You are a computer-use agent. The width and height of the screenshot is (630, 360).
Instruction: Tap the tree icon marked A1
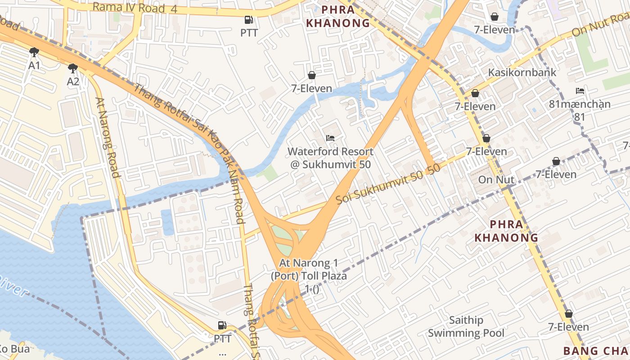pos(34,52)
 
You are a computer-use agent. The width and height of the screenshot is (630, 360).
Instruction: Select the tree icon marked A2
pos(73,68)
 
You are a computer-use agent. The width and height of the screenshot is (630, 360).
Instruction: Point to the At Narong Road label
pos(108,138)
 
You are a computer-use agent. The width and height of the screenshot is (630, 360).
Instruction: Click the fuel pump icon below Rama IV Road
pos(248,20)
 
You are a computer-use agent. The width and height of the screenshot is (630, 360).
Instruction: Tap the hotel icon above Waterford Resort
pos(330,138)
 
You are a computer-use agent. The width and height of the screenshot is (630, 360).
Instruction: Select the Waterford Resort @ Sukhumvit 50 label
pos(330,158)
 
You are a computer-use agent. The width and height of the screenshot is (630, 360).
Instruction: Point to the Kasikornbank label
pos(522,72)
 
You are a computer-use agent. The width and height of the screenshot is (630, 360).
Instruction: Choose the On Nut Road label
pos(601,26)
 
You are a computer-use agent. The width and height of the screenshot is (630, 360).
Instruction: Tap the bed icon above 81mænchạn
pos(580,91)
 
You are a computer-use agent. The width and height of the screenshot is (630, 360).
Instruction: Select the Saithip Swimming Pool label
pos(466,327)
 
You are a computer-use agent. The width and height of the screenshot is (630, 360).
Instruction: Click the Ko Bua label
pos(13,349)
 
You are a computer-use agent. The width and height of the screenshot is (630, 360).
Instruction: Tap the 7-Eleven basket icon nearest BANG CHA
pos(569,314)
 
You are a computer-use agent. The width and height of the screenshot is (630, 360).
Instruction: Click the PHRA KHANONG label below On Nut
pos(507,231)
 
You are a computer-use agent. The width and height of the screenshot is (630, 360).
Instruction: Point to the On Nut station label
pos(496,180)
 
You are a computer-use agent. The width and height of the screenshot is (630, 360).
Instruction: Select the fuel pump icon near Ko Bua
pos(222,325)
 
